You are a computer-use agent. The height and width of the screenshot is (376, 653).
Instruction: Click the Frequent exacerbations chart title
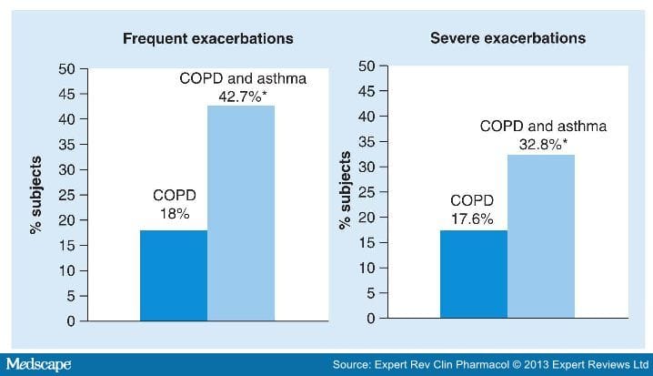(x=208, y=39)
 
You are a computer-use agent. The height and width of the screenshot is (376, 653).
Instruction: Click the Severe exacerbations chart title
(x=507, y=39)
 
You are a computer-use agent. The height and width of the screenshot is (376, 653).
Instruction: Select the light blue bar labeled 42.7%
(x=241, y=213)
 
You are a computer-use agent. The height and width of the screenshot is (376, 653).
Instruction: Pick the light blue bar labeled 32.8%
(x=540, y=237)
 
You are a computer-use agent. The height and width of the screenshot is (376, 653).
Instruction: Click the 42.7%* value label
(x=241, y=97)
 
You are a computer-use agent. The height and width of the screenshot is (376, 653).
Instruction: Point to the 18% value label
(x=173, y=215)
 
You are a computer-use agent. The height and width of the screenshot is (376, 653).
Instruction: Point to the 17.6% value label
(x=472, y=218)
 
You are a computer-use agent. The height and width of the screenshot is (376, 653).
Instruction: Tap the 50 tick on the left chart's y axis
(x=66, y=69)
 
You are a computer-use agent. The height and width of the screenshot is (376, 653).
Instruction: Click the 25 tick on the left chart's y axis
(x=66, y=195)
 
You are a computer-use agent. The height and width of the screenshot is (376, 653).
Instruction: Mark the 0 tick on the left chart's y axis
(x=70, y=321)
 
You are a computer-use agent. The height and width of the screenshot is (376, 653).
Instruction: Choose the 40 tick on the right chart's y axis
(x=368, y=117)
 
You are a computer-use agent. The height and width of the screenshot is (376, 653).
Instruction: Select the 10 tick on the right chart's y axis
(x=368, y=268)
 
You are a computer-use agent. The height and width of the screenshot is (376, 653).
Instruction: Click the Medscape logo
(x=38, y=364)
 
